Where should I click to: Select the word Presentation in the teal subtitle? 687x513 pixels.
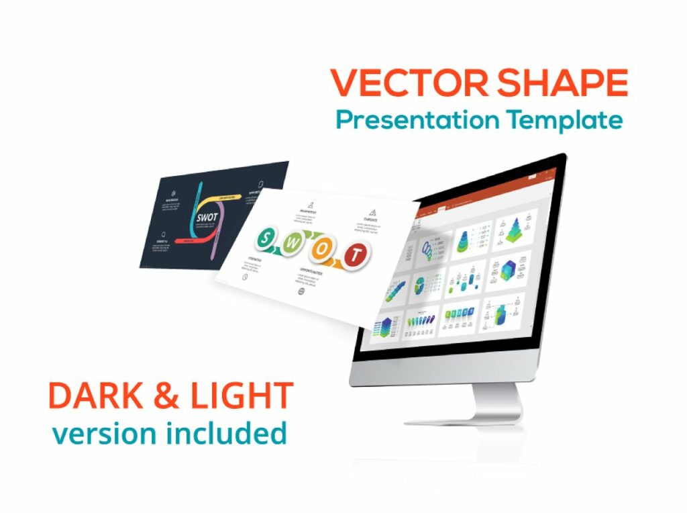point(417,120)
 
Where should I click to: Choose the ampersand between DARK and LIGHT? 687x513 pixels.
point(164,396)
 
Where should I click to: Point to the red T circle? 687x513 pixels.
point(356,254)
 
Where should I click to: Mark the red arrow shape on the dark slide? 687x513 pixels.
point(191,240)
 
